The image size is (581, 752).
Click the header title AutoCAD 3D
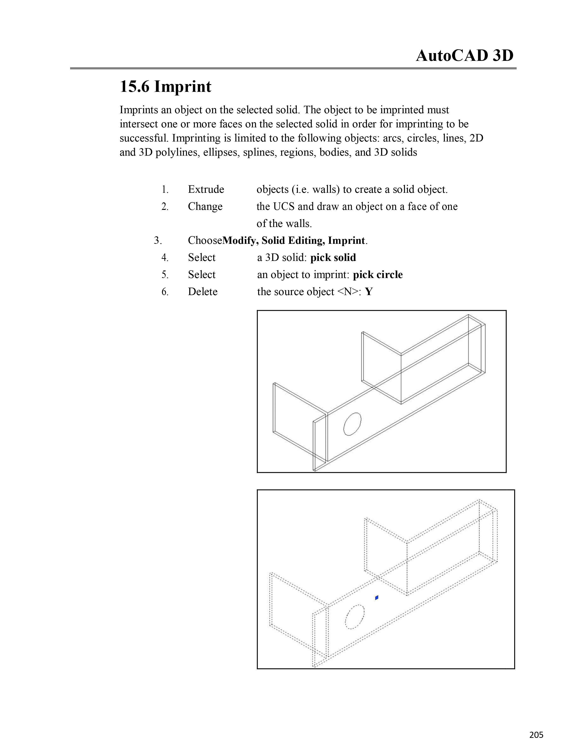tap(464, 56)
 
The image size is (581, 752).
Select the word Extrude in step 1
tap(206, 189)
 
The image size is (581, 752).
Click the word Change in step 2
tap(205, 207)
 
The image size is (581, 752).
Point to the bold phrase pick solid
tap(333, 258)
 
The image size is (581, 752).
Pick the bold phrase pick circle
tap(378, 275)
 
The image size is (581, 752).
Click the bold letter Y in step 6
tap(369, 292)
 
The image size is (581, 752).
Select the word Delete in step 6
tap(203, 292)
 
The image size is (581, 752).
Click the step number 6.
tap(165, 292)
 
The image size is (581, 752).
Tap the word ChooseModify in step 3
tap(224, 241)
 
